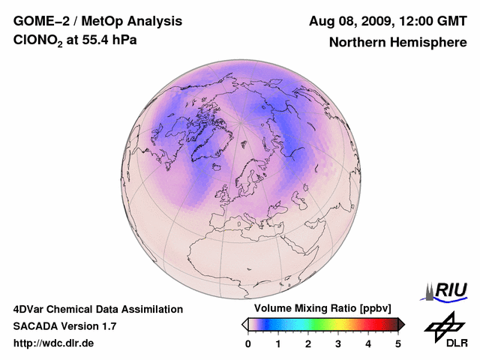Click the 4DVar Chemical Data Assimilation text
tap(97, 309)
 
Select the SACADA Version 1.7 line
tap(64, 326)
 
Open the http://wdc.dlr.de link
tap(54, 343)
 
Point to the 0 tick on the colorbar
tap(248, 343)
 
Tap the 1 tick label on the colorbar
tap(278, 343)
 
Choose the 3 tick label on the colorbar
tap(338, 343)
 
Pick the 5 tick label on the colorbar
tap(398, 343)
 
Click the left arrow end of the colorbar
tap(244, 324)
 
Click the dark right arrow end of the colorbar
tap(401, 324)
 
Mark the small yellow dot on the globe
tap(205, 238)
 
